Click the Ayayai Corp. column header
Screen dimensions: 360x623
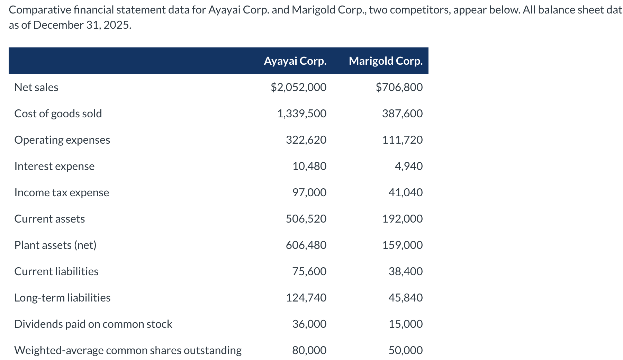(x=295, y=61)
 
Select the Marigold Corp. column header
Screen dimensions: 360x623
(x=386, y=61)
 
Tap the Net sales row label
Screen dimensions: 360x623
(x=36, y=87)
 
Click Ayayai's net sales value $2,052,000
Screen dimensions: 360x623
(x=298, y=87)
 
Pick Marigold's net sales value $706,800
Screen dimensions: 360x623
(x=399, y=87)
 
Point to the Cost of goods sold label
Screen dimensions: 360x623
(x=58, y=114)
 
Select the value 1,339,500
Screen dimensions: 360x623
(x=302, y=114)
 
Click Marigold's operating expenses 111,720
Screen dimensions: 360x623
(x=402, y=140)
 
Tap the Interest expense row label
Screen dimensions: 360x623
(x=54, y=166)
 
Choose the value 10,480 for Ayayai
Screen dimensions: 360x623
(x=309, y=166)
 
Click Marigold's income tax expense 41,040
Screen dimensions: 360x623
(x=405, y=192)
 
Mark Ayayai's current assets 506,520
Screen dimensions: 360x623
(x=306, y=219)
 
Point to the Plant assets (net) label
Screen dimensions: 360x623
(x=55, y=245)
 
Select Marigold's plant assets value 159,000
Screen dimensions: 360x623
(x=402, y=245)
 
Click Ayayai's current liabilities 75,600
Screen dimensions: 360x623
(x=309, y=271)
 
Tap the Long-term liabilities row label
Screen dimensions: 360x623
(x=62, y=298)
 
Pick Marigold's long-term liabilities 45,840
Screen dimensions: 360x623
(x=405, y=298)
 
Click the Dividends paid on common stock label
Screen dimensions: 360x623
(x=93, y=324)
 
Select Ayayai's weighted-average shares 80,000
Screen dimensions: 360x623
(x=309, y=350)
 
